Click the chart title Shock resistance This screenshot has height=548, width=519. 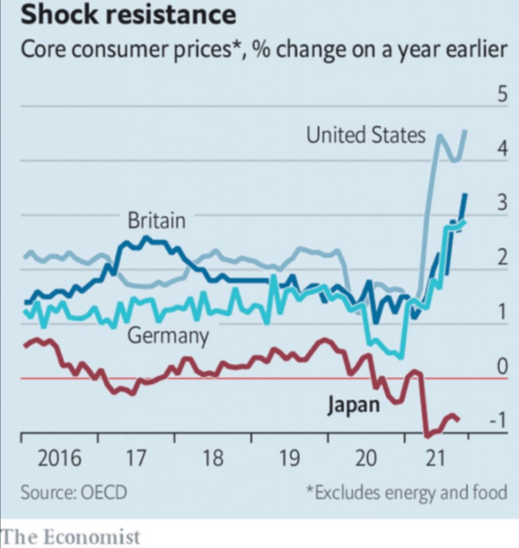[128, 15]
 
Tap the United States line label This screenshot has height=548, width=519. [366, 135]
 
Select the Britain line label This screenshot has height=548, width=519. [157, 220]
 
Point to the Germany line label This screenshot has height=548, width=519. [168, 336]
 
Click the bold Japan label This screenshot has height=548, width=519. [353, 405]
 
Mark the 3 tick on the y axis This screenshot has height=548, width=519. [501, 203]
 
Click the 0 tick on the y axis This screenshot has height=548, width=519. [501, 367]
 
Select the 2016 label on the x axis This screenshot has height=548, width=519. [59, 459]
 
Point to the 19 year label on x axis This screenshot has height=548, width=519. [289, 459]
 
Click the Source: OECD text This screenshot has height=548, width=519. [74, 491]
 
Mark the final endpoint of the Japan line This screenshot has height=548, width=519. [459, 420]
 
